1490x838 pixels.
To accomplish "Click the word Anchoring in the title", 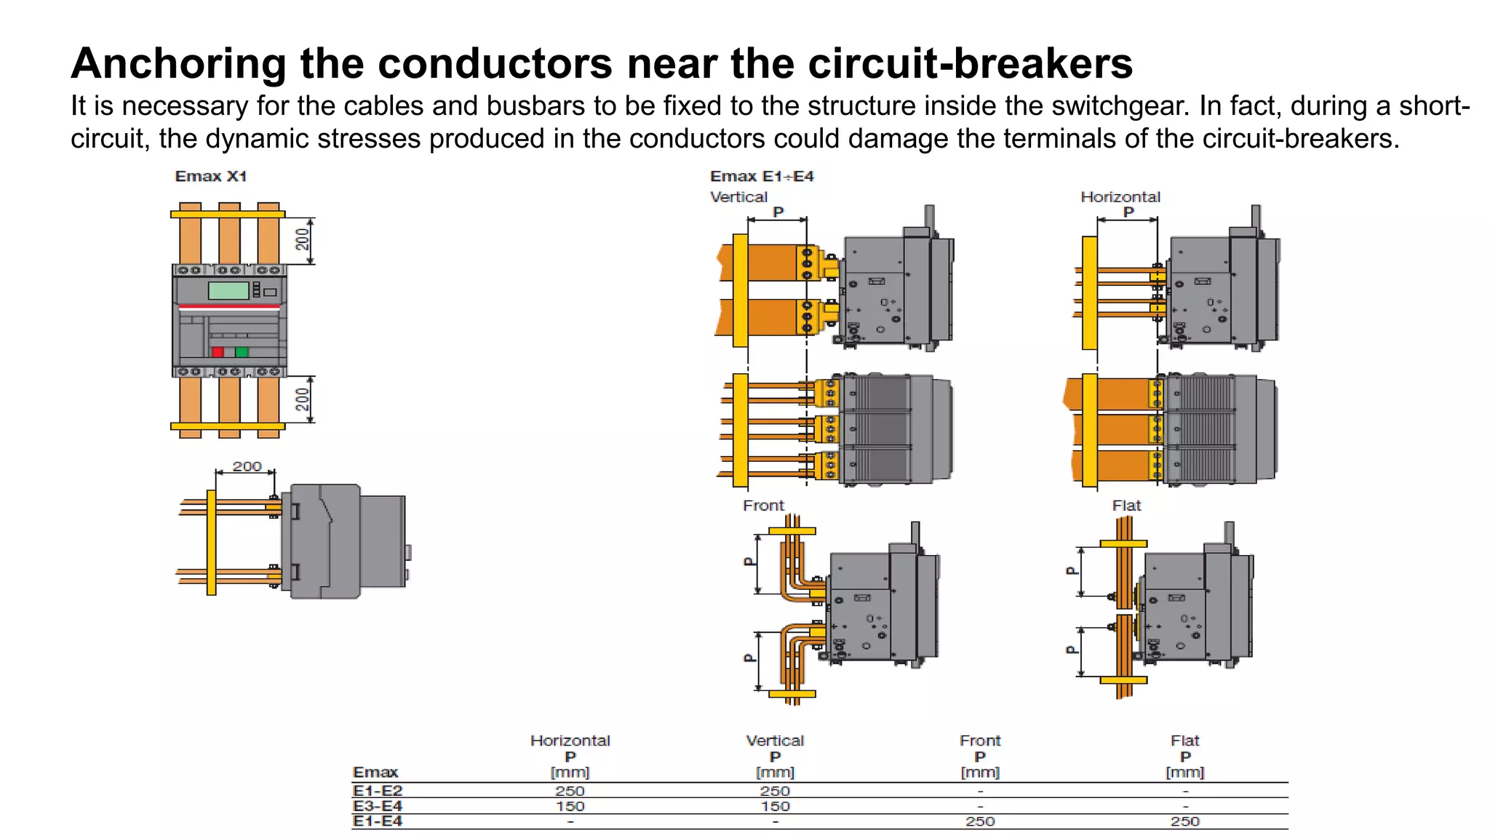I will click(x=178, y=64).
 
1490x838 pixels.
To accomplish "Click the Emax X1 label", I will click(x=210, y=176).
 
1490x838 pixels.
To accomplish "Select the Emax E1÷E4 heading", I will click(x=761, y=176).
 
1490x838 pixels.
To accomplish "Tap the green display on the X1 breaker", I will click(x=228, y=290).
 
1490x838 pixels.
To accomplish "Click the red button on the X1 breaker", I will click(x=218, y=352).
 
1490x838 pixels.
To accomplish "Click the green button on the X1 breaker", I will click(x=242, y=352).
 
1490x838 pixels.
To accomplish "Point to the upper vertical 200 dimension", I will click(x=303, y=239).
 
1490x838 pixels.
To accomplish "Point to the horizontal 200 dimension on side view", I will click(x=247, y=466).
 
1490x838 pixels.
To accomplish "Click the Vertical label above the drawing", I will click(x=738, y=197).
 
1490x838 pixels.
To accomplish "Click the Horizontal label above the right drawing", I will click(x=1120, y=197).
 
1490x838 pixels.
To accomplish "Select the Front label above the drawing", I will click(x=763, y=506).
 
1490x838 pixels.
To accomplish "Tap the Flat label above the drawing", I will click(x=1126, y=506).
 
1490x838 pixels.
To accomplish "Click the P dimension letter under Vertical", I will click(x=778, y=212).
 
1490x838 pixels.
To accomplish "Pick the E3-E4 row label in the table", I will click(x=377, y=806).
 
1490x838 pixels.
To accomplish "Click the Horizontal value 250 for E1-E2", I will click(x=570, y=791).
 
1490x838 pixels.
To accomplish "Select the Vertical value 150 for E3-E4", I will click(x=775, y=806).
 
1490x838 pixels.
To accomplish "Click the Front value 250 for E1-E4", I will click(x=980, y=821).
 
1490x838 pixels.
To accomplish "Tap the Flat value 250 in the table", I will click(x=1184, y=821).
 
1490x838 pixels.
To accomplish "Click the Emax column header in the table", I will click(x=375, y=772).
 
